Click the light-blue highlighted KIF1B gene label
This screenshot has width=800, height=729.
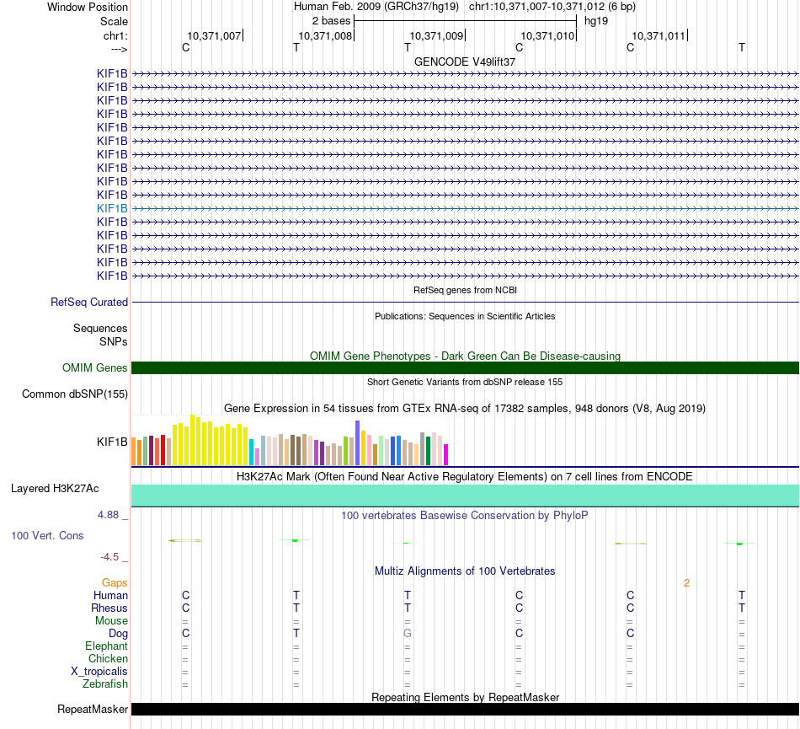pos(112,208)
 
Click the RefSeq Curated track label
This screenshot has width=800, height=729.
pos(88,302)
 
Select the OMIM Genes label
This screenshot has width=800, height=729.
pos(95,367)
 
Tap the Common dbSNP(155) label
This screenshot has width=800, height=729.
pos(75,394)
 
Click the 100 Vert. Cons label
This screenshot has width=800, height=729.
pos(47,535)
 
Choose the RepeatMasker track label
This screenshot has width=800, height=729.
pos(93,710)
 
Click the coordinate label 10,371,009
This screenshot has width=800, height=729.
pos(435,35)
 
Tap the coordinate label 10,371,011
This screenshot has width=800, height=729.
pos(659,35)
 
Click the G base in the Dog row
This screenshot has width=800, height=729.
pos(408,633)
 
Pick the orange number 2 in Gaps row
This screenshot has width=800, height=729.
pos(686,582)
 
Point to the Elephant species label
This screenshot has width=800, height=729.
pos(106,646)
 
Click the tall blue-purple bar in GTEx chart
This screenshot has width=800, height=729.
pos(358,442)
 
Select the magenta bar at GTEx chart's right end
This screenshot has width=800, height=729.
pos(446,454)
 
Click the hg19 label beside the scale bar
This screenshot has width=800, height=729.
pos(596,20)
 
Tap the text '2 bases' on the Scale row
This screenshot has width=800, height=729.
pos(331,20)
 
